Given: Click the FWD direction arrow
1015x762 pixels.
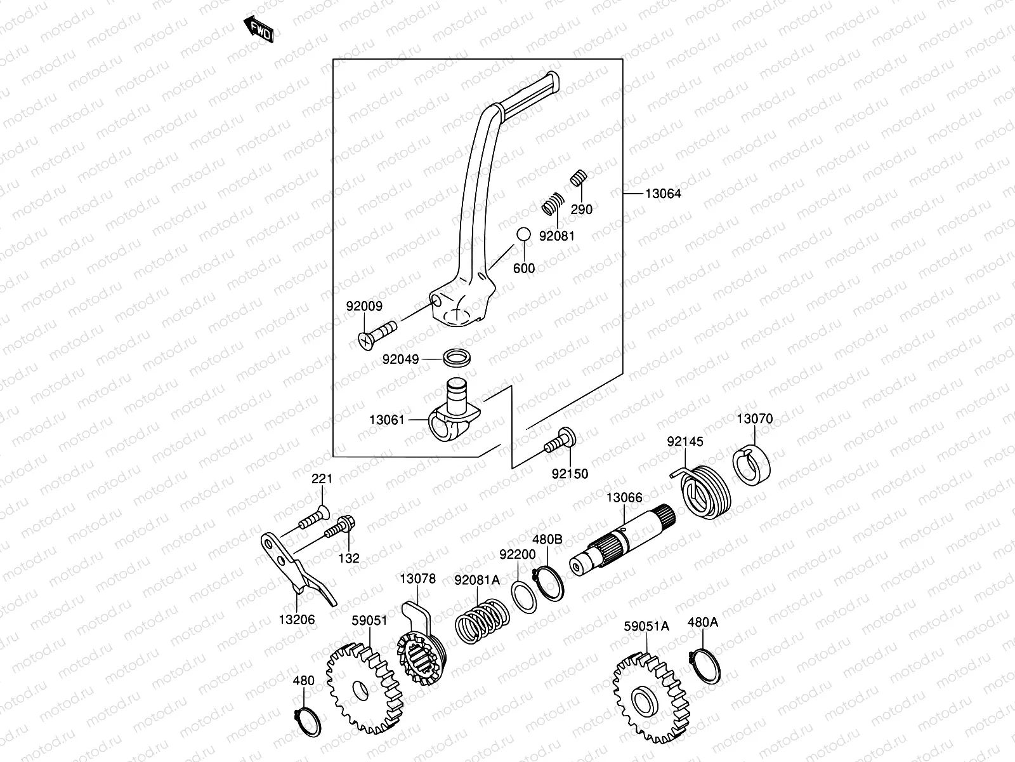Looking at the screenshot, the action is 258,29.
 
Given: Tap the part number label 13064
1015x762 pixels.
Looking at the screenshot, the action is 663,194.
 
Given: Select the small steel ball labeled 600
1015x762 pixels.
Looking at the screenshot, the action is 523,234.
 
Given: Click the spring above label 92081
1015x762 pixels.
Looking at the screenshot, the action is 553,204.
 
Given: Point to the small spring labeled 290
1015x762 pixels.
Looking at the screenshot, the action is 579,178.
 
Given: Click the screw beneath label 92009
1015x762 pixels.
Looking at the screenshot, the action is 377,335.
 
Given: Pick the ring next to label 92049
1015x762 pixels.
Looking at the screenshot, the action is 457,357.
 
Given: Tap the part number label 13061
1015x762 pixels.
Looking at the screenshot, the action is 387,420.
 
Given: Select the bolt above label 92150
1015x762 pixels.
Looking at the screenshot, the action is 560,440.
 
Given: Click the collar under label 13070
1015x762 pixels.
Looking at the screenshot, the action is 752,465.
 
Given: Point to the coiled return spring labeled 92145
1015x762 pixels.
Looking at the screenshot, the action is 702,491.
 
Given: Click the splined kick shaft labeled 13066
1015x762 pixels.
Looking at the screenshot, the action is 622,540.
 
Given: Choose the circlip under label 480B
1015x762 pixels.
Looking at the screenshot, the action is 549,583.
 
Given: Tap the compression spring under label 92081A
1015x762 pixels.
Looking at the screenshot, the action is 482,621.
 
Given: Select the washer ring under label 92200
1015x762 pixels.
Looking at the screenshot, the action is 524,598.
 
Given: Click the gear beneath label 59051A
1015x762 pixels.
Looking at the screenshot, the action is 651,698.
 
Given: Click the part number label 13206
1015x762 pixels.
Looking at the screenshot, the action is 296,620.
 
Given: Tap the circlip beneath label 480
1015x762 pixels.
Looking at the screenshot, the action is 308,721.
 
